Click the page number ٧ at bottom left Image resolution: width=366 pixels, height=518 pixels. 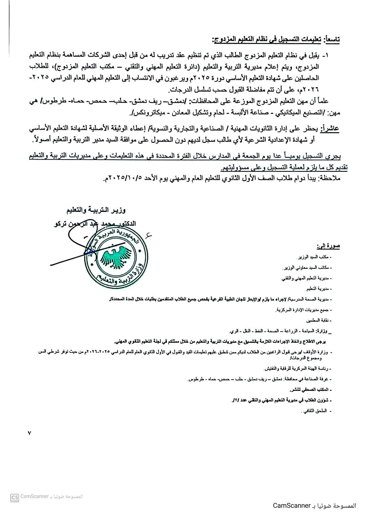pos(29,433)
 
